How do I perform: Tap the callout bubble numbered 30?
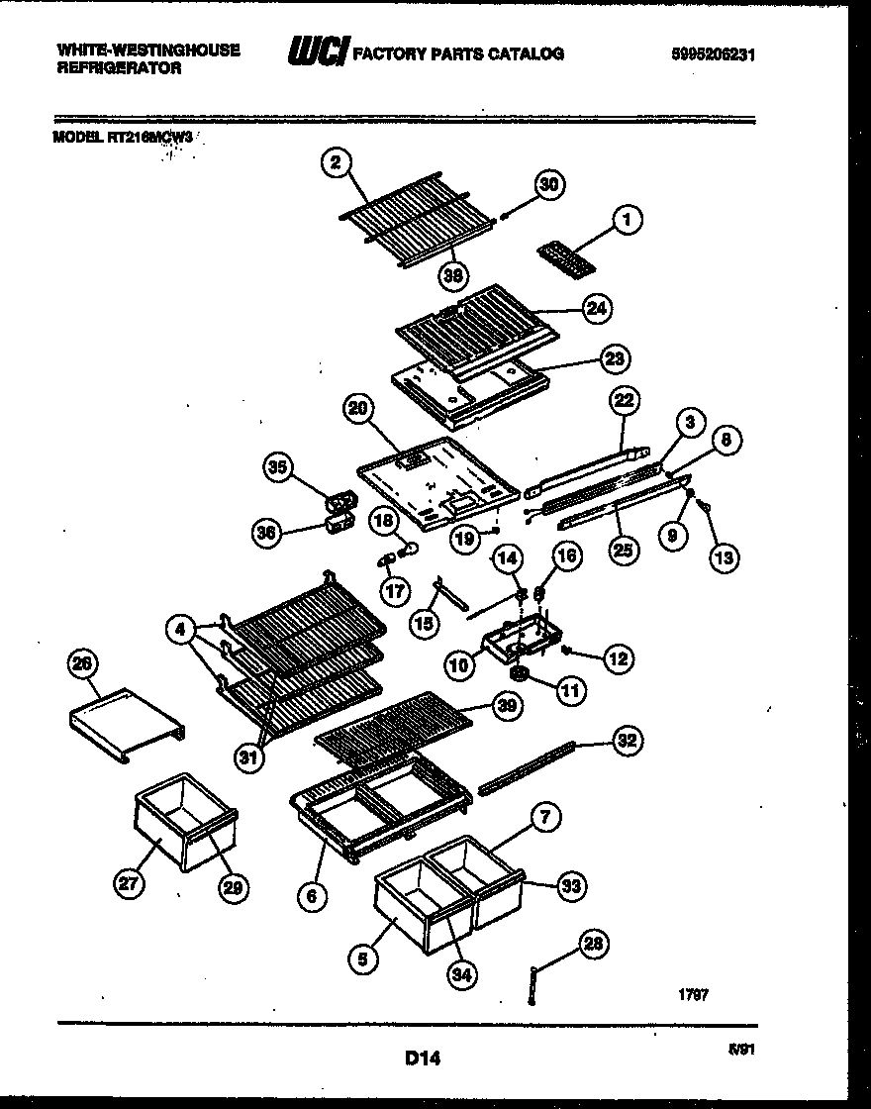549,184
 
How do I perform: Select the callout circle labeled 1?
626,219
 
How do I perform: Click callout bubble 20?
357,408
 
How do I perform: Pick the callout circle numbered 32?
628,740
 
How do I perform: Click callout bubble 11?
570,690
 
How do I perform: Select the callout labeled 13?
724,557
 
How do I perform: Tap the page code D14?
423,1059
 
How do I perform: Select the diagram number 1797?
693,995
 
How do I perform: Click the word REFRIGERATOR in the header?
119,69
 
